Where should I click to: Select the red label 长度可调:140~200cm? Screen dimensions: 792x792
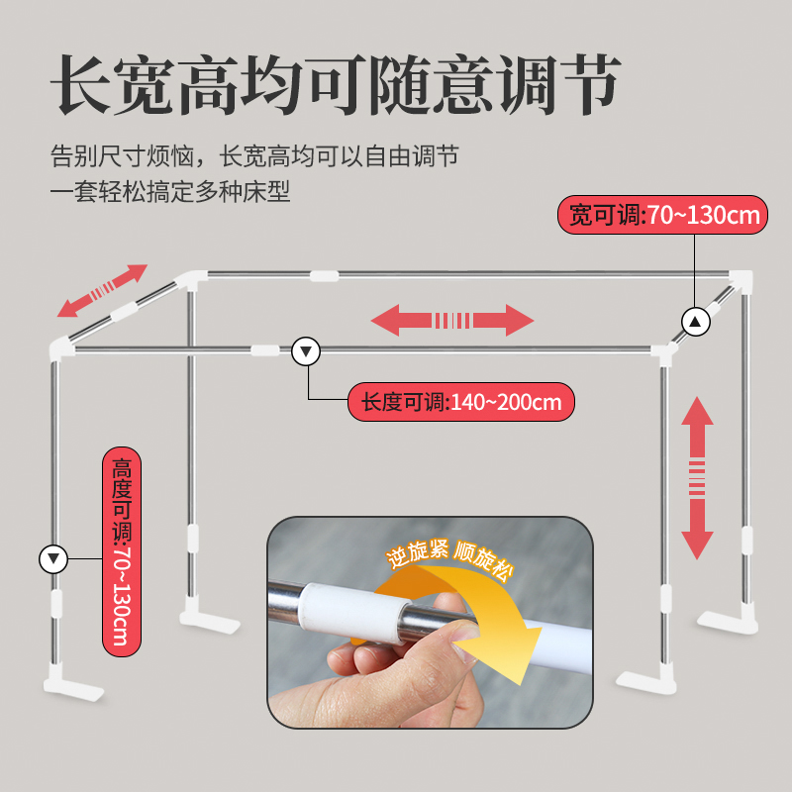coord(461,403)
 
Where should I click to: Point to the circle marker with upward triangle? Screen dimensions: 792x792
coord(696,321)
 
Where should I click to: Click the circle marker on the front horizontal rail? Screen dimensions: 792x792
coord(306,350)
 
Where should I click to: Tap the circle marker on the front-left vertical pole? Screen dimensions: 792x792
coord(52,559)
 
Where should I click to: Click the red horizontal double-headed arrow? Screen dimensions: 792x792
coord(452,320)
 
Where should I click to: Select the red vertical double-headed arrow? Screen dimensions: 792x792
coord(698,478)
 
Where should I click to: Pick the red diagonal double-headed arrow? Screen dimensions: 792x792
coord(102,290)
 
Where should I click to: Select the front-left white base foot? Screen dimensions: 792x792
coord(73,686)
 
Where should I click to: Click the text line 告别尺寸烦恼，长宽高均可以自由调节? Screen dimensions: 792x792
coord(254,156)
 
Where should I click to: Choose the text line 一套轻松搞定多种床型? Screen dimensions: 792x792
coord(170,192)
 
